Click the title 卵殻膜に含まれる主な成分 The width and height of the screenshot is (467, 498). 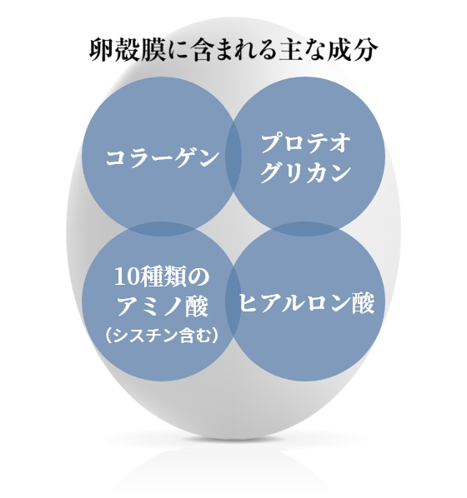(233, 50)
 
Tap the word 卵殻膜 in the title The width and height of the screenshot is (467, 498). (127, 50)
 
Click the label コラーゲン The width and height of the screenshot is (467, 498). (163, 157)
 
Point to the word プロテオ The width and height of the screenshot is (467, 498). (306, 143)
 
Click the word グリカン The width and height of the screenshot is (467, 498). (306, 172)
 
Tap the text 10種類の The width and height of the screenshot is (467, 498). (162, 277)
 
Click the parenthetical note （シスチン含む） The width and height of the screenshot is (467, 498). (162, 336)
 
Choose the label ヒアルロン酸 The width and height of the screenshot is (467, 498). (306, 303)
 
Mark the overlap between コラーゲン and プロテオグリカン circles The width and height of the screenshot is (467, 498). (233, 157)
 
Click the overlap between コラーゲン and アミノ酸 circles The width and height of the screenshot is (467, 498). (161, 229)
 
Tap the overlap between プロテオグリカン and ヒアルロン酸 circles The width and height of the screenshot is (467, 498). (305, 229)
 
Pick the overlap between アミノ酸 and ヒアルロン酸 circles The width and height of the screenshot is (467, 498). (233, 301)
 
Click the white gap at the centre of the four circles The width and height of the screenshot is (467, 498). (233, 229)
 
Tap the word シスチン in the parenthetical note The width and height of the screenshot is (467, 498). (146, 336)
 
